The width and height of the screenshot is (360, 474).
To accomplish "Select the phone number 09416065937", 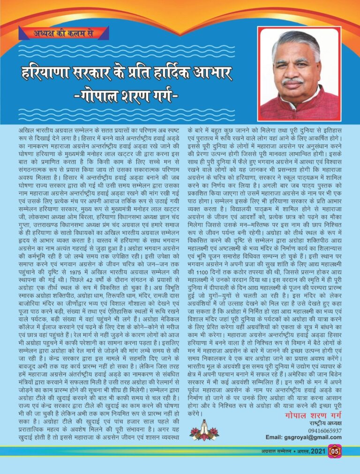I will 325,430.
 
